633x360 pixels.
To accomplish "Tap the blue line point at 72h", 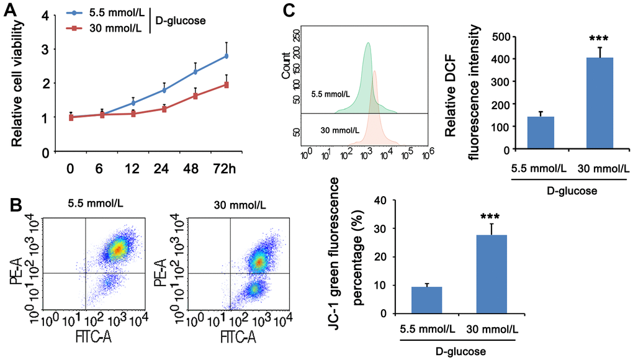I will (227, 56).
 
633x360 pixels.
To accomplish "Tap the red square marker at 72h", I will (227, 84).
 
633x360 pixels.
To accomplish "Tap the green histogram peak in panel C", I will (368, 45).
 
